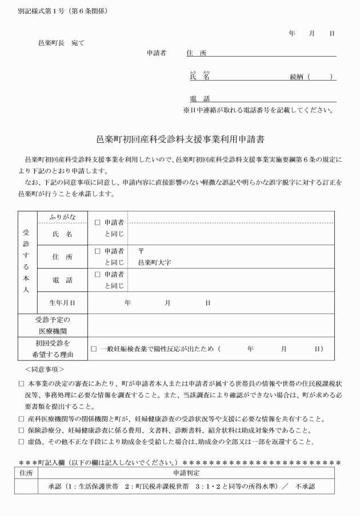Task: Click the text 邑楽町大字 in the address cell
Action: pos(155,263)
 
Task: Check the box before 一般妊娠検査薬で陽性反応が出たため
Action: pos(94,349)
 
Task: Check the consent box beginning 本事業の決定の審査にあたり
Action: pos(21,384)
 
